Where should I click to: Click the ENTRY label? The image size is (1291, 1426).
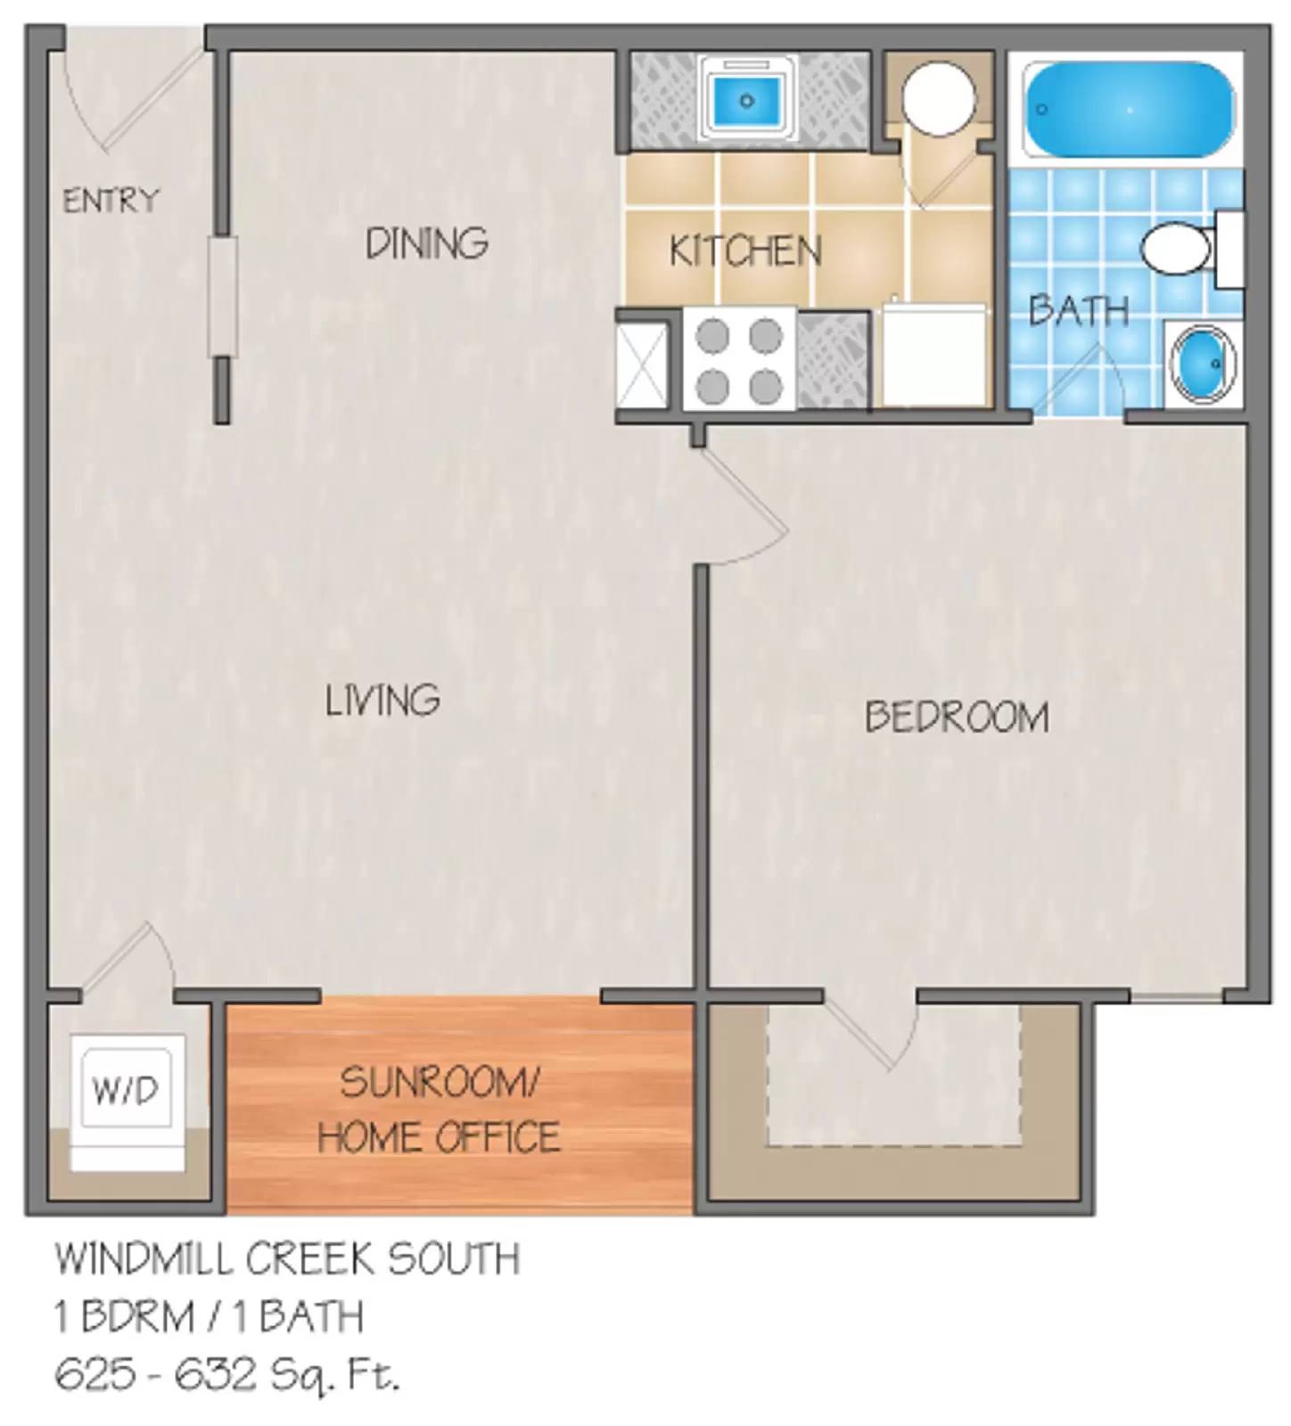point(111,200)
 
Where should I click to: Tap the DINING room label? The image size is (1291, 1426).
point(427,242)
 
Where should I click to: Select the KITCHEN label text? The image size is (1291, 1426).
point(745,250)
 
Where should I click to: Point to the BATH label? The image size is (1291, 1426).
point(1078,309)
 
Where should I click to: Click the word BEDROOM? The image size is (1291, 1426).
point(957,717)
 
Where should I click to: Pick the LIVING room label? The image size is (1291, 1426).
point(382,700)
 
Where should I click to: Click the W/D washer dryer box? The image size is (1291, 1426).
point(126,1089)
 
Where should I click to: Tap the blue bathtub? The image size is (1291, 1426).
point(1129,110)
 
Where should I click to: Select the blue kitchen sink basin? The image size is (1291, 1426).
point(747,100)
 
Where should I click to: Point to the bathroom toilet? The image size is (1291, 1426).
point(1177,250)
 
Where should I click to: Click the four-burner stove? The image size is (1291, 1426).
point(739,361)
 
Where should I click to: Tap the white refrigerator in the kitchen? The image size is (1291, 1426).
point(933,356)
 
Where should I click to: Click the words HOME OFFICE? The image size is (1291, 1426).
point(439,1137)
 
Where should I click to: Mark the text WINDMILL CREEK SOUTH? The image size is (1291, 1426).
point(287,1258)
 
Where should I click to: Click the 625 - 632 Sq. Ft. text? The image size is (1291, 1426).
point(227,1375)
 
